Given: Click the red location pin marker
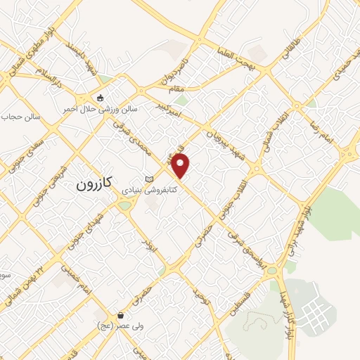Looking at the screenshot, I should pos(181,166).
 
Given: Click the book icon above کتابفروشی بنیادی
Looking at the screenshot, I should pos(148,179).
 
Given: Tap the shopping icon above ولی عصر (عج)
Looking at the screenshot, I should pos(122,316).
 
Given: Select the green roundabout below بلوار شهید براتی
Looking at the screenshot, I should pos(286,266).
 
